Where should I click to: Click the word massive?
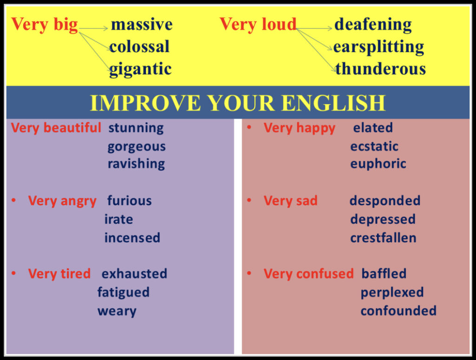coord(142,24)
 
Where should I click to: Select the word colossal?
coord(139,47)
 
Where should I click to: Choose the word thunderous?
coord(381,69)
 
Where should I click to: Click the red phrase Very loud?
coord(258,24)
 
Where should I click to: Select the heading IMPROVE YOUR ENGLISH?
coord(238,103)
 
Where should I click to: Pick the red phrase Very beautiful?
coord(56,128)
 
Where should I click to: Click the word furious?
coord(129,201)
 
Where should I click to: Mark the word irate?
coord(119,219)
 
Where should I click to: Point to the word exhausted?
coord(134,274)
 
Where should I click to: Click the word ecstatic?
coord(374,146)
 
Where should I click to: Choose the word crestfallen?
coord(383,238)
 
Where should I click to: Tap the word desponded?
coord(385,201)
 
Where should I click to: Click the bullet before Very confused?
coord(249,273)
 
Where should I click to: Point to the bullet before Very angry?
coord(13,200)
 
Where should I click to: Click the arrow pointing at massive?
coord(93,28)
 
